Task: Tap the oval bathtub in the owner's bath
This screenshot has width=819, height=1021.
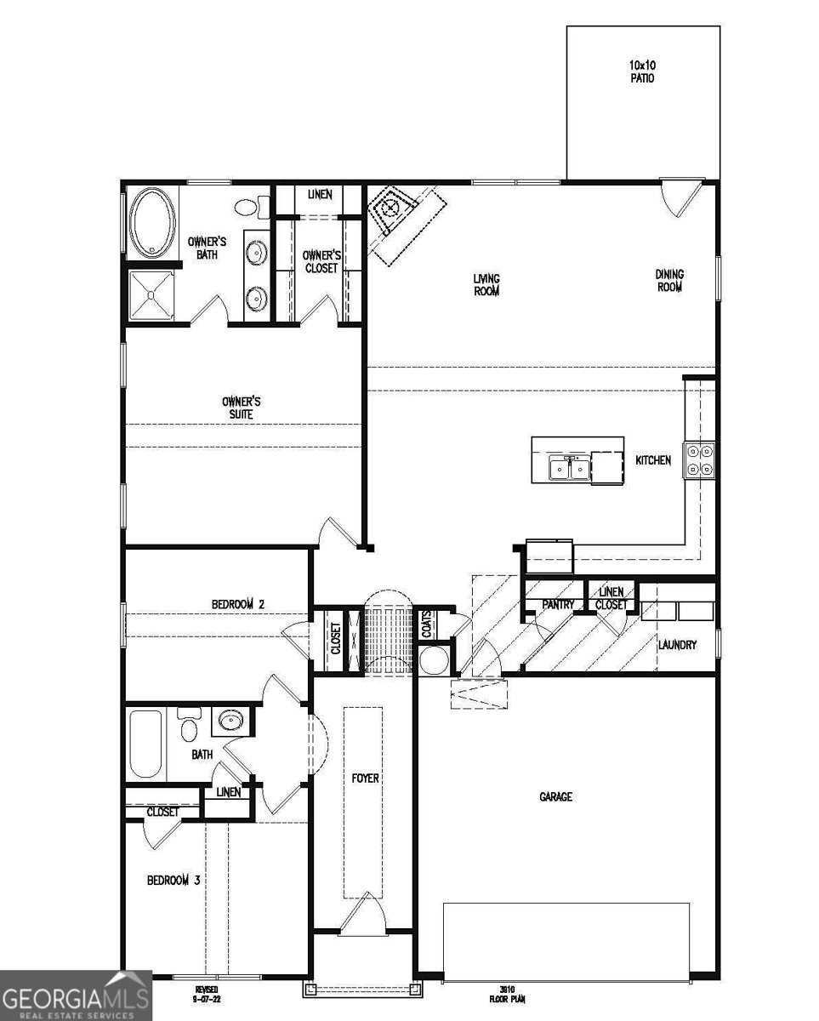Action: click(153, 222)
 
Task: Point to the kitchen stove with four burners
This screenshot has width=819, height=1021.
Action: click(701, 460)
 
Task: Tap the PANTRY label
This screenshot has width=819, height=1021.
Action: click(559, 605)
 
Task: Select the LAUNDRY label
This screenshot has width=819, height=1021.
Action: click(677, 645)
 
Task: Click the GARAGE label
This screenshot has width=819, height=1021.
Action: click(555, 797)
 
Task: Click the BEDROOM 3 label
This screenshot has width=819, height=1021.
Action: click(173, 881)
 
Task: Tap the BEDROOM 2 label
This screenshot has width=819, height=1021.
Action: click(238, 604)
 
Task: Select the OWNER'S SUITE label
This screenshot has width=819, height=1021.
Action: click(242, 408)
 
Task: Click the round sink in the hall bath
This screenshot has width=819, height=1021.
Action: click(229, 722)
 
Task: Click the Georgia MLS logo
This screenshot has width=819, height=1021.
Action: click(76, 995)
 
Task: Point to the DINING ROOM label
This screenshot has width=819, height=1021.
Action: click(669, 281)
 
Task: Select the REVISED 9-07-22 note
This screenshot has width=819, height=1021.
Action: click(208, 995)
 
